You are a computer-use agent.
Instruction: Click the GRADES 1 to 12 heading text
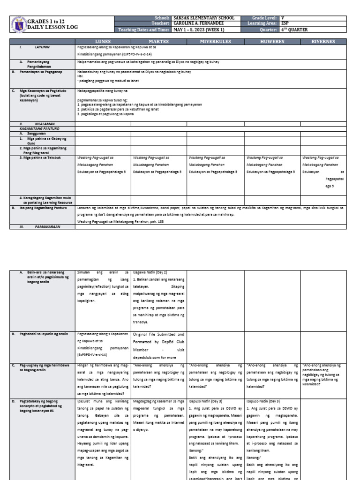[x=47, y=21]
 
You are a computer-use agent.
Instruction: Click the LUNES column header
[x=103, y=42]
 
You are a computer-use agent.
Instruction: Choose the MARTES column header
[x=158, y=42]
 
